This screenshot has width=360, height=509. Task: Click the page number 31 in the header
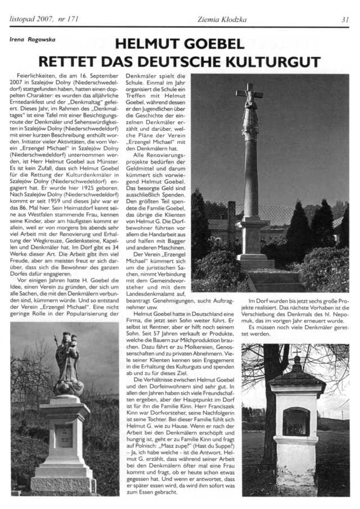[345, 19]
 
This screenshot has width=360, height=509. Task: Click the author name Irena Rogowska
[31, 40]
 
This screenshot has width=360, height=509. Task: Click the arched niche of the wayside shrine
[295, 421]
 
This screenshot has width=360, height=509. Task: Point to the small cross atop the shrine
[296, 353]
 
